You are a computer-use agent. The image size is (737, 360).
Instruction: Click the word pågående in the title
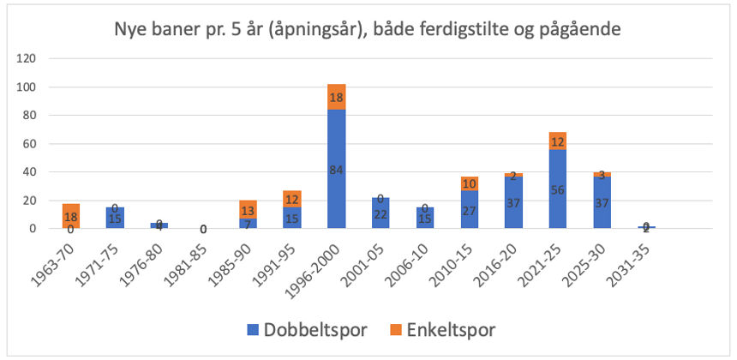578,29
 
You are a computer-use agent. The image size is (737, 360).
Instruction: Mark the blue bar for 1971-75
114,218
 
